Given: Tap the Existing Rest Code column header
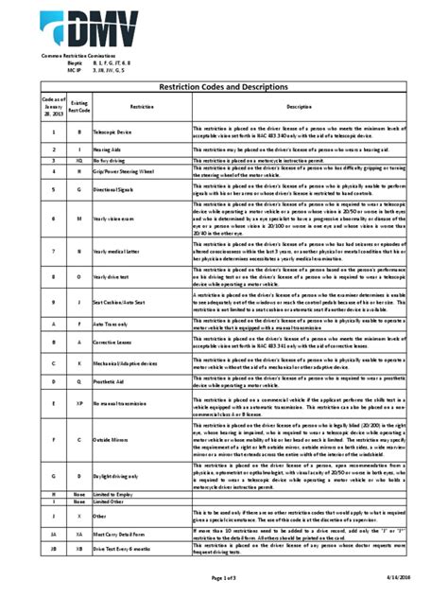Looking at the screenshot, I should pyautogui.click(x=78, y=107).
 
